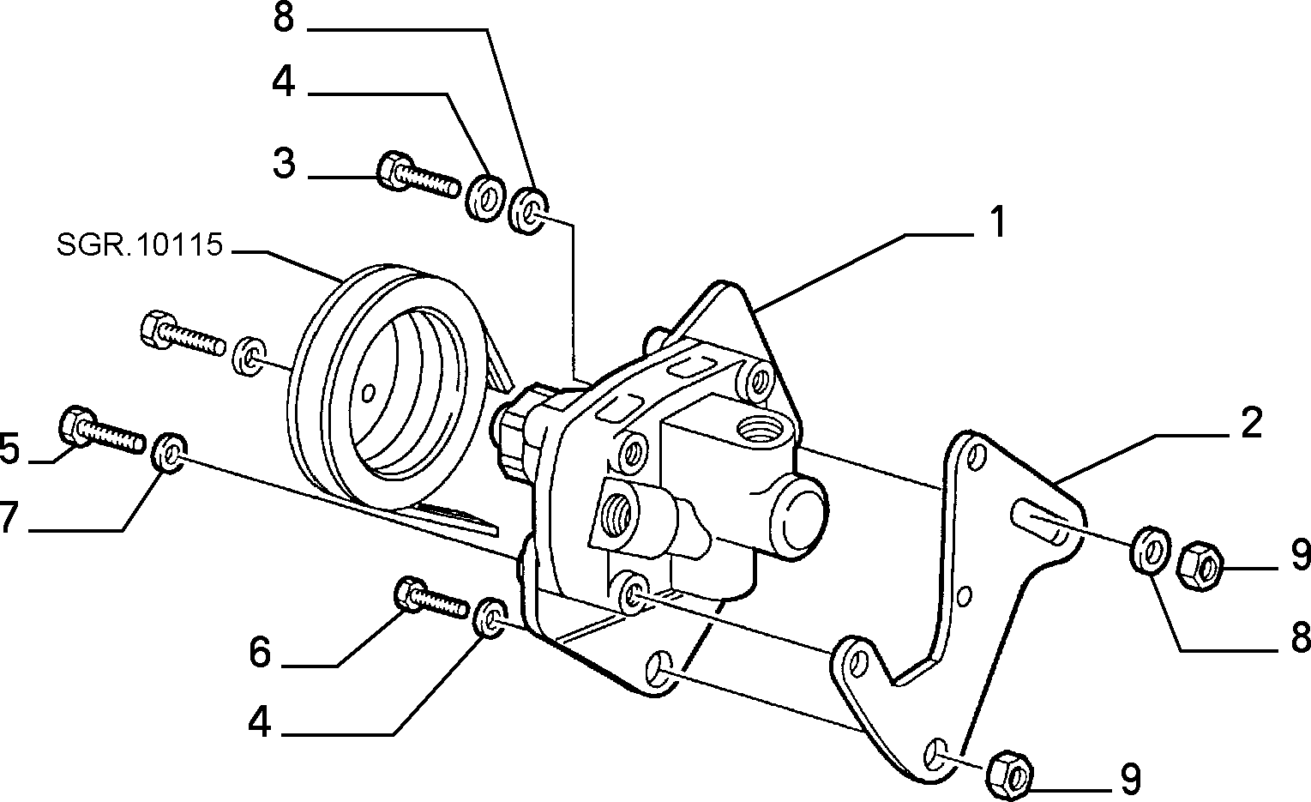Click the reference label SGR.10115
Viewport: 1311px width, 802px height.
140,244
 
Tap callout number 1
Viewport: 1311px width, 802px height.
997,222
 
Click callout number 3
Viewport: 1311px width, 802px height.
284,163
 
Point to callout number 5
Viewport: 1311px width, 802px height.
9,449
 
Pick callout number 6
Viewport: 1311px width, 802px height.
260,652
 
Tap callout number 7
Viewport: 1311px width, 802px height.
6,517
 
